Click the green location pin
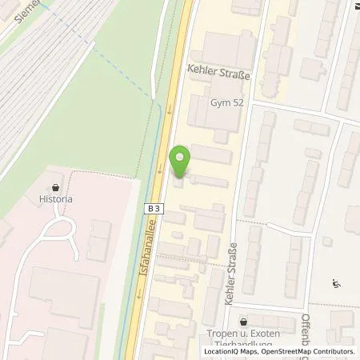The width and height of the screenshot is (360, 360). tap(182, 159)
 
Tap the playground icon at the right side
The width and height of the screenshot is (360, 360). tap(335, 282)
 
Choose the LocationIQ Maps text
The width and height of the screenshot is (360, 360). tap(232, 351)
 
